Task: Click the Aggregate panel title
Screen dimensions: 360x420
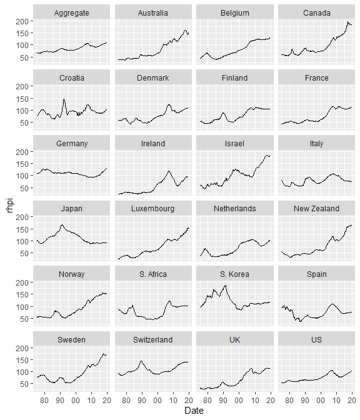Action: pos(71,13)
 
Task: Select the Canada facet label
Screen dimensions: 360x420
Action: pos(317,13)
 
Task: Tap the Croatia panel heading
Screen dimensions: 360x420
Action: pos(71,78)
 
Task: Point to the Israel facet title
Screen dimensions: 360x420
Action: pos(234,144)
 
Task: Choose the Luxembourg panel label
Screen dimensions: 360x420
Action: pos(153,209)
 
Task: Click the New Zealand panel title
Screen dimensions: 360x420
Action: pos(317,209)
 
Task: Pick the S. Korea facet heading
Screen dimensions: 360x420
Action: pos(234,274)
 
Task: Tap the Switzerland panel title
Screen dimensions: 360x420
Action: pos(153,339)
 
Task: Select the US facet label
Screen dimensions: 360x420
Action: pos(317,339)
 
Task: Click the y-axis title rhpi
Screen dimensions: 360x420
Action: pos(10,205)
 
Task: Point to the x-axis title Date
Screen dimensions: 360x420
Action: pos(194,411)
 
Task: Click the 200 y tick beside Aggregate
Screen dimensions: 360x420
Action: pos(22,21)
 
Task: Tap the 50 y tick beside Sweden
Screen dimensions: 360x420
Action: pos(24,384)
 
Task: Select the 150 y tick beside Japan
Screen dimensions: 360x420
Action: pos(22,229)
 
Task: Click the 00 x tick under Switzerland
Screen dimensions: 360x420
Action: pos(157,401)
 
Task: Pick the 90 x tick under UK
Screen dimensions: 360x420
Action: pos(223,401)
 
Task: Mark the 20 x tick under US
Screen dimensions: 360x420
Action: pos(352,401)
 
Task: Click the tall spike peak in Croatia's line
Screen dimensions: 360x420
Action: pos(64,99)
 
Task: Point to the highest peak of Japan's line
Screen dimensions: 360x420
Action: pos(62,225)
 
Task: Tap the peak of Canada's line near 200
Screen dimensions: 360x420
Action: pos(347,22)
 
